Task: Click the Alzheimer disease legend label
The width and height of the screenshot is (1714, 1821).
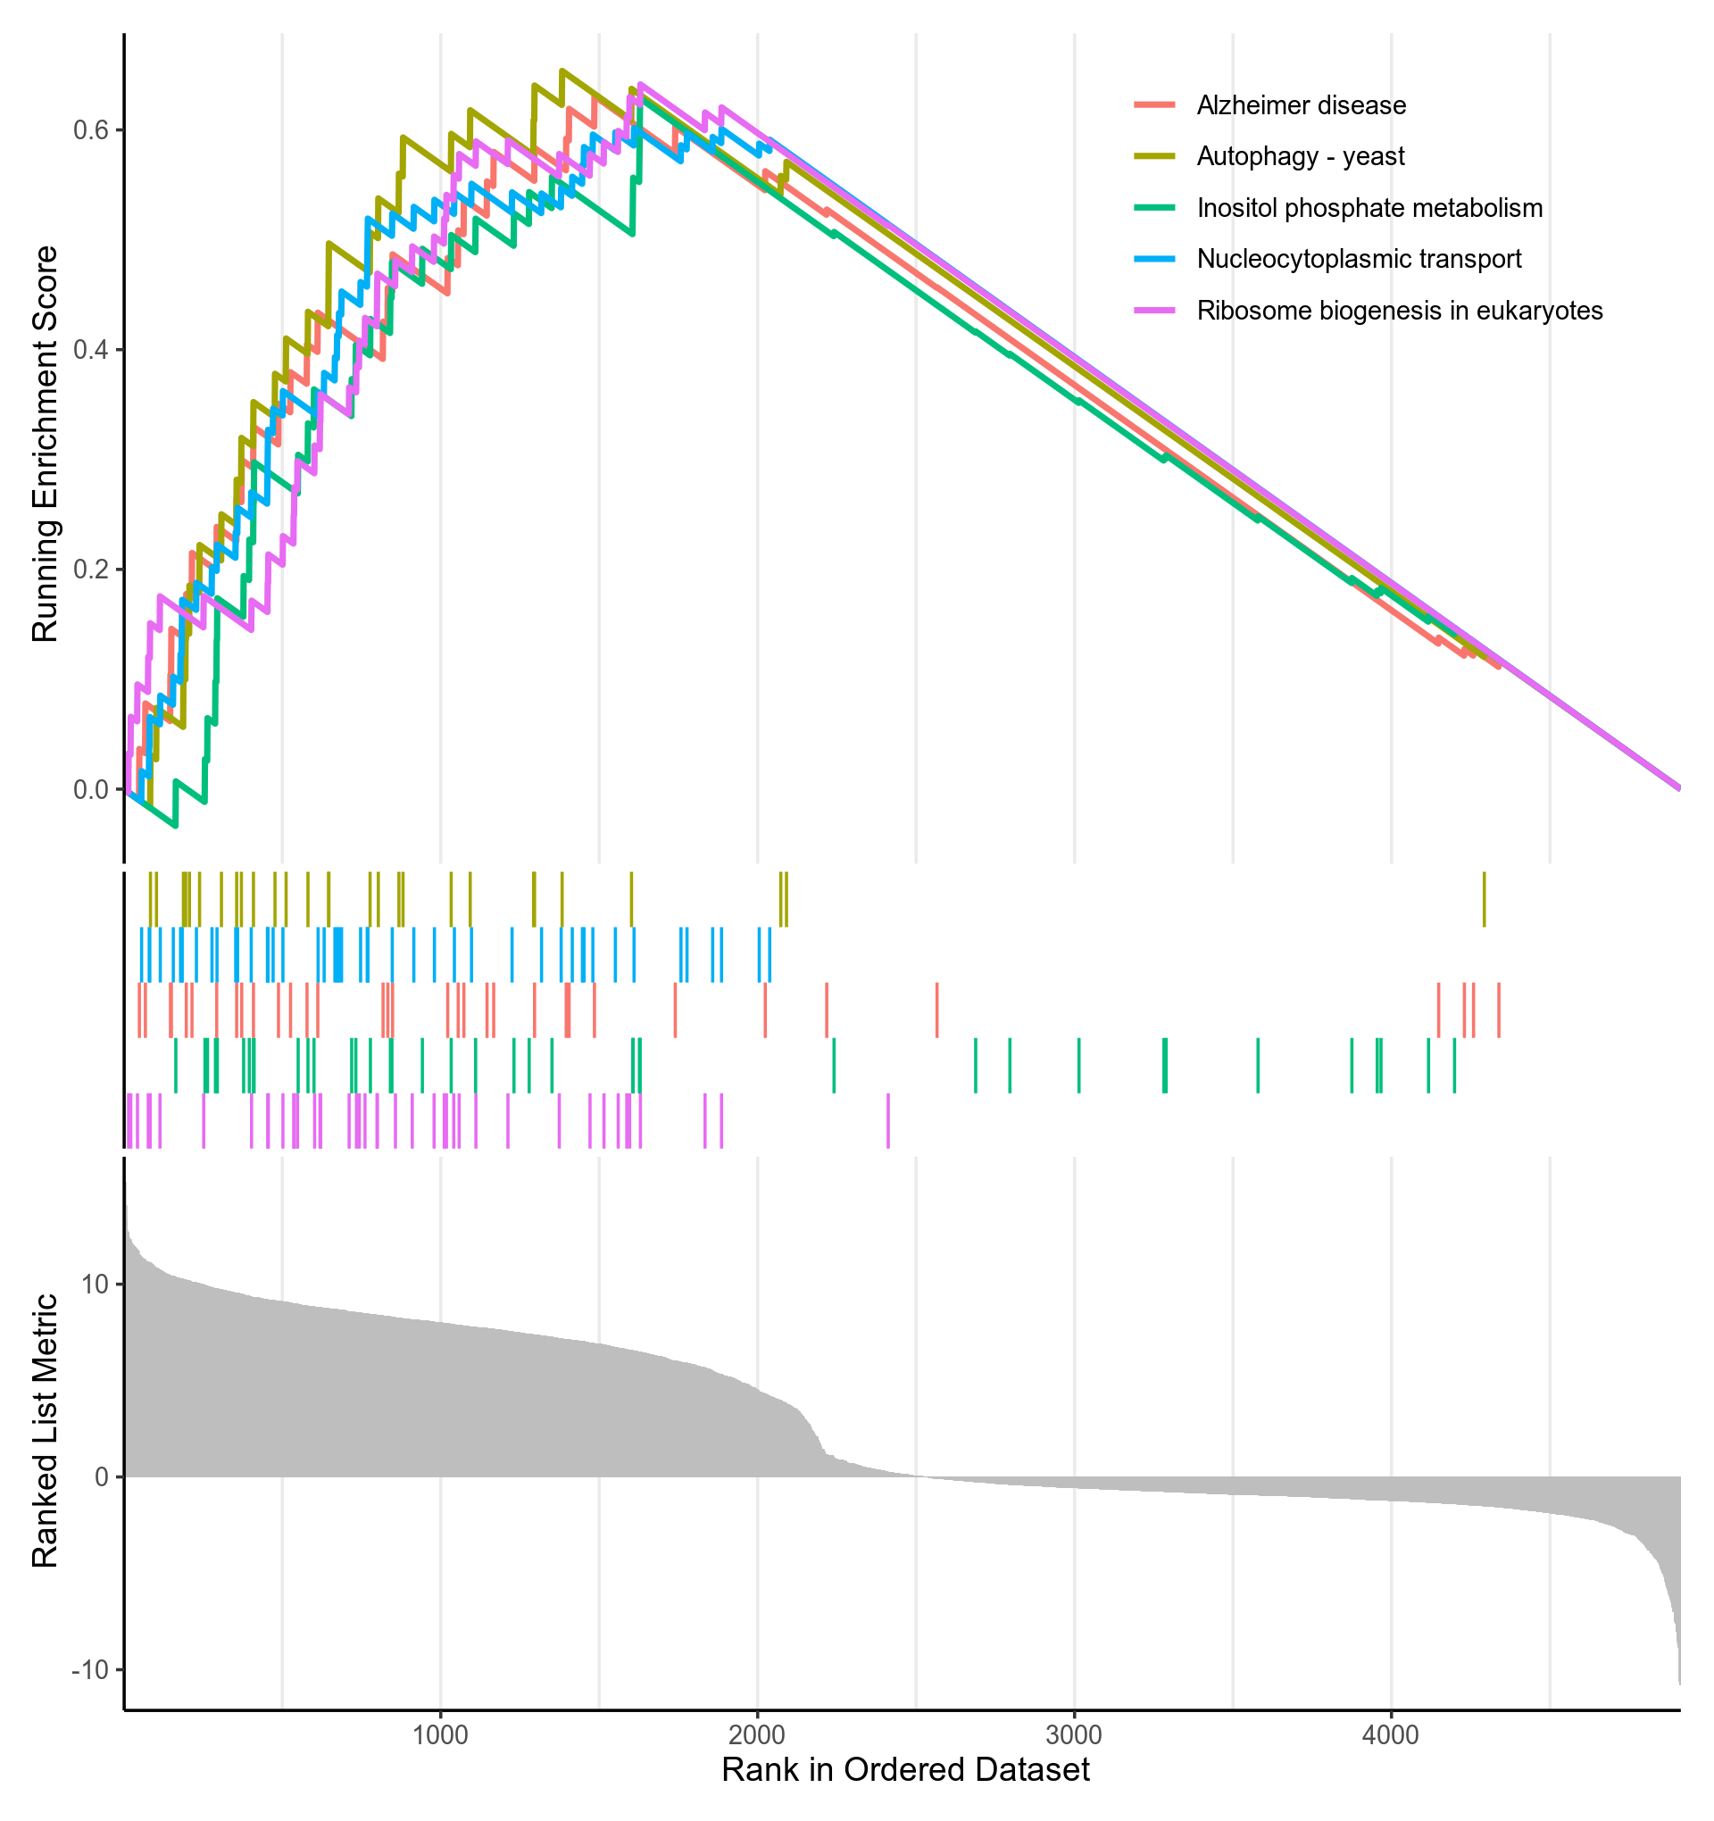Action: (1300, 105)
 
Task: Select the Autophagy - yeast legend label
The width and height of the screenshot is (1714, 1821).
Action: (1299, 156)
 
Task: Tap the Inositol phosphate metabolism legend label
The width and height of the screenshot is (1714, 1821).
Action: (1369, 208)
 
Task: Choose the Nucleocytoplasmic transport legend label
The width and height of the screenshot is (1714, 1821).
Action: (1358, 259)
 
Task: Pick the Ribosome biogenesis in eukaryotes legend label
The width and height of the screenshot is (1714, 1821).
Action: (1399, 311)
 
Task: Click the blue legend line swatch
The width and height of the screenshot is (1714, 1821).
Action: (1154, 259)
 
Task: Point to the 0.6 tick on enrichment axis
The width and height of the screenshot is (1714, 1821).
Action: (91, 130)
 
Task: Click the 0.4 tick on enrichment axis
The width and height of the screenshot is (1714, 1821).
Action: (91, 350)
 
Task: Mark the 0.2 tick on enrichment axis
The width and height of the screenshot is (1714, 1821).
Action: (91, 569)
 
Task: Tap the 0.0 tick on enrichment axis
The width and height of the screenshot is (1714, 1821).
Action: (91, 789)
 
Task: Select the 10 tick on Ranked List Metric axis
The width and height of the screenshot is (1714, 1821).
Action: (96, 1285)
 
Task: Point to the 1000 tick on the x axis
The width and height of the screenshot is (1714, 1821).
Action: (441, 1735)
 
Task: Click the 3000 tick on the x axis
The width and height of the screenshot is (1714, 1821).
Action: (1074, 1735)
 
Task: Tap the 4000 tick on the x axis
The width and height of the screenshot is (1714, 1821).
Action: (1391, 1735)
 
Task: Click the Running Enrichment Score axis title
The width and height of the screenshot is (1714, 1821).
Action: (45, 445)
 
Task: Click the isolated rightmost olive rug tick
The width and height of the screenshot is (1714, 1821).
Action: (1484, 901)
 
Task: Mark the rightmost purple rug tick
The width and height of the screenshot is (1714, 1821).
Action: (888, 1120)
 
